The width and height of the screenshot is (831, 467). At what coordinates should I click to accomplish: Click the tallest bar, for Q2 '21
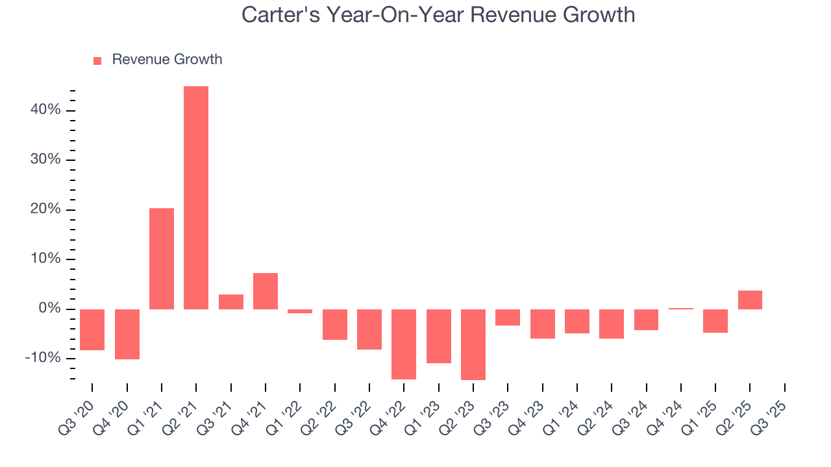click(x=196, y=198)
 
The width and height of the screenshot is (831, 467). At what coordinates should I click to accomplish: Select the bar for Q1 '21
click(x=162, y=259)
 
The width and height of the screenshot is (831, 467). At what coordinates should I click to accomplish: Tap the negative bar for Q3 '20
click(x=92, y=329)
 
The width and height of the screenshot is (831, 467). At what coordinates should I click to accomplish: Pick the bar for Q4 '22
click(x=404, y=344)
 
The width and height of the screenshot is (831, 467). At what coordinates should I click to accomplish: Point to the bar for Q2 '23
click(x=473, y=344)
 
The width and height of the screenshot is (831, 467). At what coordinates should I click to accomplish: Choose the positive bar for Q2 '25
click(x=750, y=300)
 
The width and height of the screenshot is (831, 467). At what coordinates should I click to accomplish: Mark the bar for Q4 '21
click(x=266, y=291)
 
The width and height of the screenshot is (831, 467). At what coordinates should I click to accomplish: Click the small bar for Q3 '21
click(x=230, y=302)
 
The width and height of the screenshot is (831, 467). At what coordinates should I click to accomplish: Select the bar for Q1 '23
click(x=438, y=336)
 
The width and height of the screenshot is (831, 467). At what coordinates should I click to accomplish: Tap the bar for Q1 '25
click(x=715, y=321)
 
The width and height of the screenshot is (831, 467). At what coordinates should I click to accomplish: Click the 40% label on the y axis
click(x=45, y=110)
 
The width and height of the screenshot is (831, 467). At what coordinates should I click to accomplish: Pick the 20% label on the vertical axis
click(x=45, y=210)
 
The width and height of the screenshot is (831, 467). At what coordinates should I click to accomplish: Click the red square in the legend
click(x=97, y=61)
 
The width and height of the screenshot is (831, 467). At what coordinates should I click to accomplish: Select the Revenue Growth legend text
click(x=167, y=60)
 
